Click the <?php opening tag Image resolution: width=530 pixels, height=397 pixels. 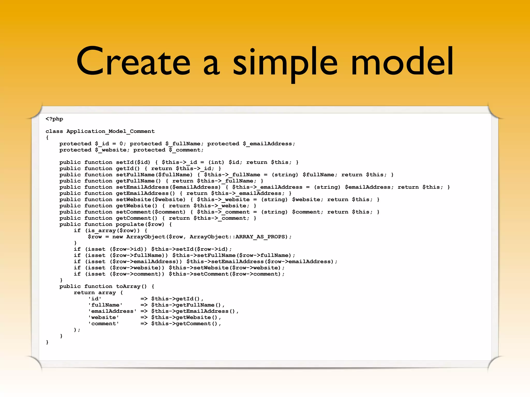54,119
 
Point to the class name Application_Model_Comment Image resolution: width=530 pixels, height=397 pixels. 111,131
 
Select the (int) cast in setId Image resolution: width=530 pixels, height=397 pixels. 216,162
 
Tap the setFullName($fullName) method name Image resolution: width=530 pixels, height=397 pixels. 154,175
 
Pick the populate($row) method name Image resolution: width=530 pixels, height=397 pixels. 140,224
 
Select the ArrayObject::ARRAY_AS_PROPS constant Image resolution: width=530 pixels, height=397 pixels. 238,237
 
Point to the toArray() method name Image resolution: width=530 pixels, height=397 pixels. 131,286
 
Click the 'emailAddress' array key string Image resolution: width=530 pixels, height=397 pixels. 112,311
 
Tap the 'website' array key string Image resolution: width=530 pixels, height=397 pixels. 104,317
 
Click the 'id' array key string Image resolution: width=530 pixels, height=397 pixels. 95,299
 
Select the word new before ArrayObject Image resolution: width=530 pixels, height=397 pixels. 117,237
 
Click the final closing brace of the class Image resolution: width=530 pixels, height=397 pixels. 47,342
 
